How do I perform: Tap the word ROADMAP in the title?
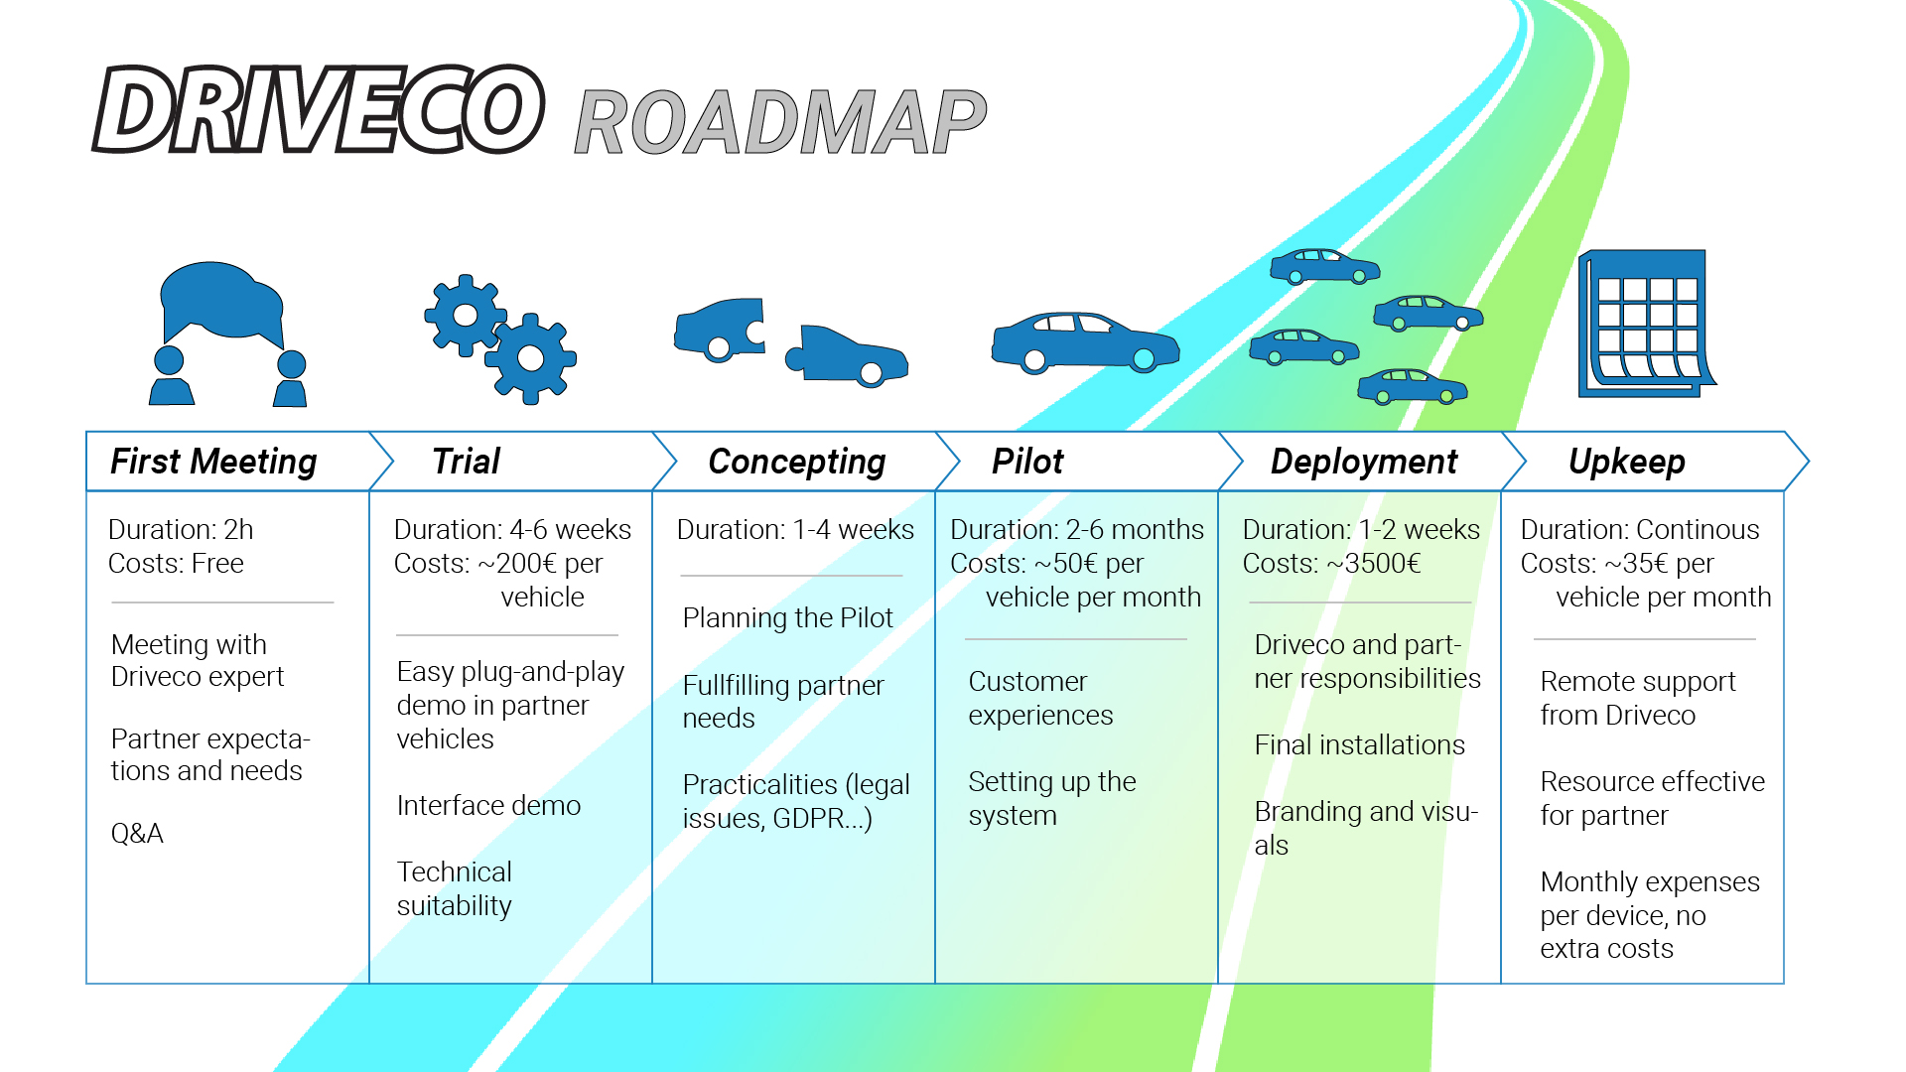point(780,123)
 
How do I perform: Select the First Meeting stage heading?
point(213,462)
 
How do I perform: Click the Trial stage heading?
point(466,462)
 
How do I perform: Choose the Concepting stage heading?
point(796,462)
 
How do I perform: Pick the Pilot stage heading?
point(1027,462)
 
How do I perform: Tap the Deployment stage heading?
point(1363,462)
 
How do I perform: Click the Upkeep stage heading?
point(1626,462)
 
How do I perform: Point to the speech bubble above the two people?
point(220,301)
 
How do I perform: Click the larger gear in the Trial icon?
point(531,358)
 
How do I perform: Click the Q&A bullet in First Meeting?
point(137,833)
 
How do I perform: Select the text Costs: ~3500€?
point(1331,564)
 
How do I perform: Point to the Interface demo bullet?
point(488,805)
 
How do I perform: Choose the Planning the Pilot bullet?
point(787,617)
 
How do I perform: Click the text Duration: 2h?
point(181,530)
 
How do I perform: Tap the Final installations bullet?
point(1359,745)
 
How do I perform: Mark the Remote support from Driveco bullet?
point(1637,698)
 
